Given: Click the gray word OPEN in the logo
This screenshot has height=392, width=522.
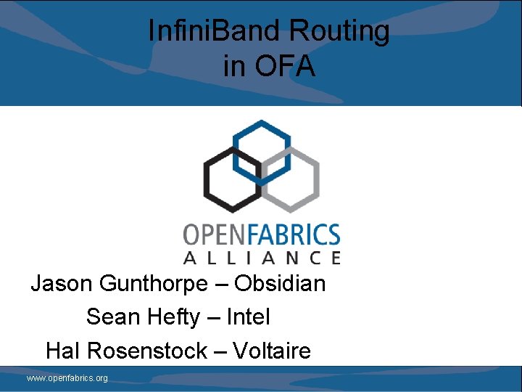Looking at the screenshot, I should [x=216, y=235].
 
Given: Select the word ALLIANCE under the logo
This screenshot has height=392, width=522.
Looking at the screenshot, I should [x=262, y=257].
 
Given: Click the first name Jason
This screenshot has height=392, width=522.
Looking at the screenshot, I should [x=61, y=283].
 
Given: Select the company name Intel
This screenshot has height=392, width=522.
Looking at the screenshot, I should [x=249, y=317].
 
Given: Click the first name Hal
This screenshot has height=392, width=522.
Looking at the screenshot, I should [x=62, y=351].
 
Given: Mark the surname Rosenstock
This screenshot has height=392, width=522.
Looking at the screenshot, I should [x=147, y=351].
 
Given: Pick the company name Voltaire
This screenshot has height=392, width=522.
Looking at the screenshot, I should [x=272, y=351].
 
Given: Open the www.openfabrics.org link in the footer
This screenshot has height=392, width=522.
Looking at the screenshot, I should [x=67, y=378].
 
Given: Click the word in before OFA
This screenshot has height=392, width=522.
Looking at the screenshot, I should [x=234, y=66].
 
